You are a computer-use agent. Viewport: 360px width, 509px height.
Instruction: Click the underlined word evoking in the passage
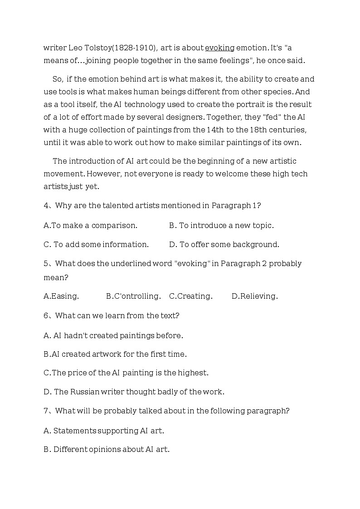tap(220, 48)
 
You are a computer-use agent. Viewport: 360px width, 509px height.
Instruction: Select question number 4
tap(46, 205)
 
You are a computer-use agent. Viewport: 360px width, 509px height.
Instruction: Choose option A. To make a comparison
tap(91, 225)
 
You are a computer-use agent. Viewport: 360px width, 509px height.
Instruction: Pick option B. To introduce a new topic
tap(221, 225)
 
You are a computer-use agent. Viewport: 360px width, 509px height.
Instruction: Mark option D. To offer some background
tap(224, 244)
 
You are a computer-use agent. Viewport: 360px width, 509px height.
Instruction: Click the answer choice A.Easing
tap(61, 296)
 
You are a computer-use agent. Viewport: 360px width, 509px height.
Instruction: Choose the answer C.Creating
tap(190, 296)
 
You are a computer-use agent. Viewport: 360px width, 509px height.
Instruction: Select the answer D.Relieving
tap(254, 296)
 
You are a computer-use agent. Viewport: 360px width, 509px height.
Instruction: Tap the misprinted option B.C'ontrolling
tap(133, 296)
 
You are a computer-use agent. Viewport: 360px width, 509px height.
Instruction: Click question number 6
tap(46, 315)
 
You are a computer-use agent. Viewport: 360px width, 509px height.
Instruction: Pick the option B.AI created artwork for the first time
tap(115, 354)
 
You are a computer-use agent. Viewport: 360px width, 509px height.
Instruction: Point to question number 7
tap(46, 411)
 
